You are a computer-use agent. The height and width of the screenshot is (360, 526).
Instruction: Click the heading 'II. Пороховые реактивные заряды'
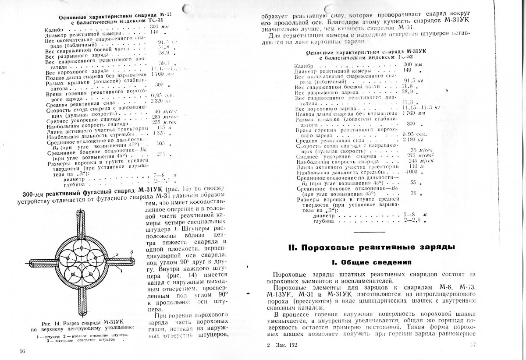[371, 247]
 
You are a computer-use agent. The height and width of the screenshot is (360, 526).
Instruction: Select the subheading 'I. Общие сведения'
[371, 263]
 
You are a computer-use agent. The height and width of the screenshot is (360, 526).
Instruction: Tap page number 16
[23, 351]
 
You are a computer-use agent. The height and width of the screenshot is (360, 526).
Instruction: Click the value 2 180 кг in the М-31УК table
[412, 140]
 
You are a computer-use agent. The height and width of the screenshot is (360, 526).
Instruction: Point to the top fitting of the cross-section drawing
[82, 222]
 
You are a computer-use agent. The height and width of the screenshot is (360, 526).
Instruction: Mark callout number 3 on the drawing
[131, 251]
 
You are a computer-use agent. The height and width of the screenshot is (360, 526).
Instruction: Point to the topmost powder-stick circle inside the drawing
[82, 250]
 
